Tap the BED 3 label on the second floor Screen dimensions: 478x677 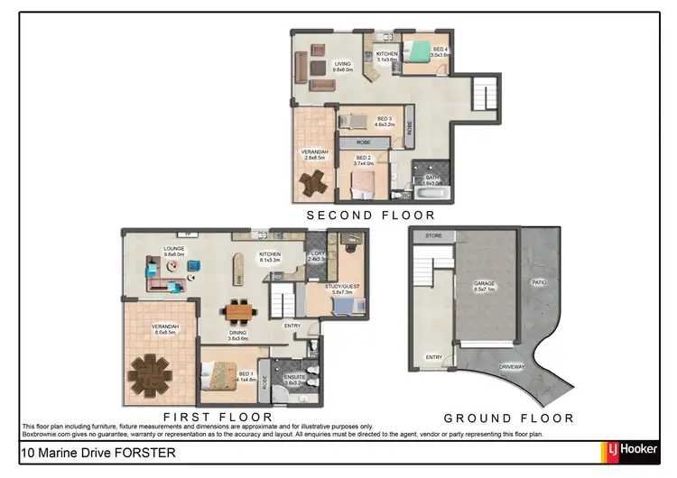pyautogui.click(x=384, y=119)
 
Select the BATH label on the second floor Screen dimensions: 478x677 pyautogui.click(x=432, y=178)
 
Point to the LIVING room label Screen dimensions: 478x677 pyautogui.click(x=342, y=64)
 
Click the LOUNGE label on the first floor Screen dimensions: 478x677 pyautogui.click(x=173, y=250)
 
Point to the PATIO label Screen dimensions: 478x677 pyautogui.click(x=539, y=282)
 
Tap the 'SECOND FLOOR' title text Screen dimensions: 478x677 pyautogui.click(x=370, y=216)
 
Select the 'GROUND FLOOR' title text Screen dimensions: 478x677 pyautogui.click(x=508, y=418)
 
